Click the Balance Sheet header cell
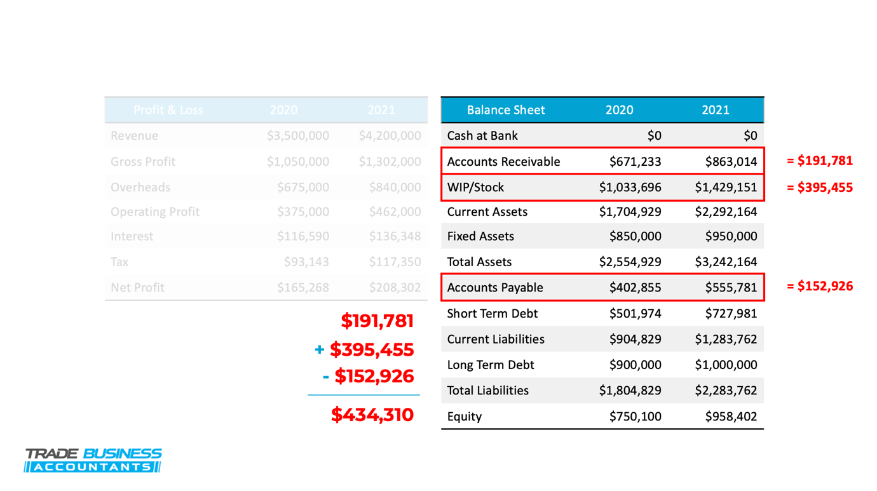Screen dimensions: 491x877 [505, 110]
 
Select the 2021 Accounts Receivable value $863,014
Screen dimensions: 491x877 [731, 161]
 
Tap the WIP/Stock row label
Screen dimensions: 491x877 [475, 187]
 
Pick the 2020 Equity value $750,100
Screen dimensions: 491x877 [635, 417]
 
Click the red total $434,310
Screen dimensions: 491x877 [372, 415]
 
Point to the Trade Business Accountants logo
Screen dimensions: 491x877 [93, 461]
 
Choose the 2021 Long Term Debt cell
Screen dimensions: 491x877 [726, 365]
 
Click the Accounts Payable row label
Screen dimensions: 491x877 [495, 288]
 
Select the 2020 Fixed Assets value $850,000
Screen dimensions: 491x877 [635, 236]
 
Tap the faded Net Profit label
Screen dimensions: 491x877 [137, 288]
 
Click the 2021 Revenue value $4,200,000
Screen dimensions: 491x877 [390, 136]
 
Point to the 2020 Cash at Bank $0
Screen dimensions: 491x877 [654, 136]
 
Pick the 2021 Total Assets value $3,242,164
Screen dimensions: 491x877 [726, 262]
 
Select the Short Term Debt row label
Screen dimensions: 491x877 [492, 314]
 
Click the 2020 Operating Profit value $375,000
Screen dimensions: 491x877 [303, 212]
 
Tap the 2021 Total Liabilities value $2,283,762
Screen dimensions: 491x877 [726, 391]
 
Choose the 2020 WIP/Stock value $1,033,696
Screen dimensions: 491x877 [630, 187]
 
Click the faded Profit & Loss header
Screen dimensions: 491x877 [168, 110]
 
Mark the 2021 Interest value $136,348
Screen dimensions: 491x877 [395, 236]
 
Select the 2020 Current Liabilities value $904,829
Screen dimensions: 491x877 [635, 339]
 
